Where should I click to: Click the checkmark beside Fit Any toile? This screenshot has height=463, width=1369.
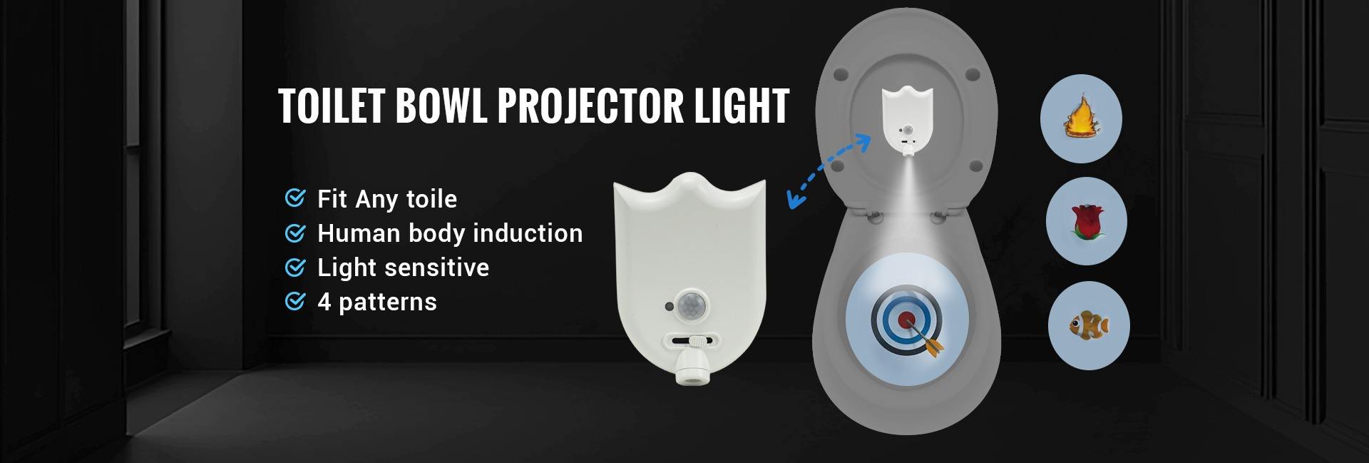click(x=294, y=198)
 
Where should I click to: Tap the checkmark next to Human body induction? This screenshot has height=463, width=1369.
click(x=294, y=233)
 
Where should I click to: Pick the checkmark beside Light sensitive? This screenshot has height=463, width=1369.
click(x=294, y=267)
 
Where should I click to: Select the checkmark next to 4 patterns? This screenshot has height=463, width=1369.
click(x=294, y=301)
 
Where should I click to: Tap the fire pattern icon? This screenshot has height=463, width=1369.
click(x=1082, y=119)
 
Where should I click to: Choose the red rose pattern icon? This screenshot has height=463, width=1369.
click(x=1086, y=222)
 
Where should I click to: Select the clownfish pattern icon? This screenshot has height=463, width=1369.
click(x=1089, y=327)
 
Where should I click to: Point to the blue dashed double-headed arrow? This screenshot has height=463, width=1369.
click(x=829, y=171)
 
